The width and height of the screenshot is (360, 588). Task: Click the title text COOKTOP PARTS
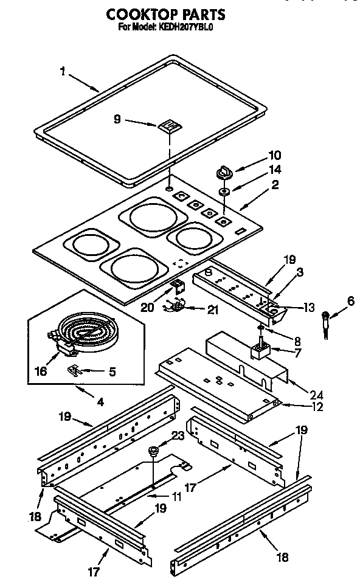click(165, 13)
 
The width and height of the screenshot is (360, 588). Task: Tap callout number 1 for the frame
click(63, 72)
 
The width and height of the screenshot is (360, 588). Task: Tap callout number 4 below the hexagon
click(100, 401)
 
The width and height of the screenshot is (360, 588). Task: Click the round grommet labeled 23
click(153, 451)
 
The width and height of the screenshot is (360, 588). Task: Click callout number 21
click(212, 310)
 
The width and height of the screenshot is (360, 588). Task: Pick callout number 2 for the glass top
click(275, 185)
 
